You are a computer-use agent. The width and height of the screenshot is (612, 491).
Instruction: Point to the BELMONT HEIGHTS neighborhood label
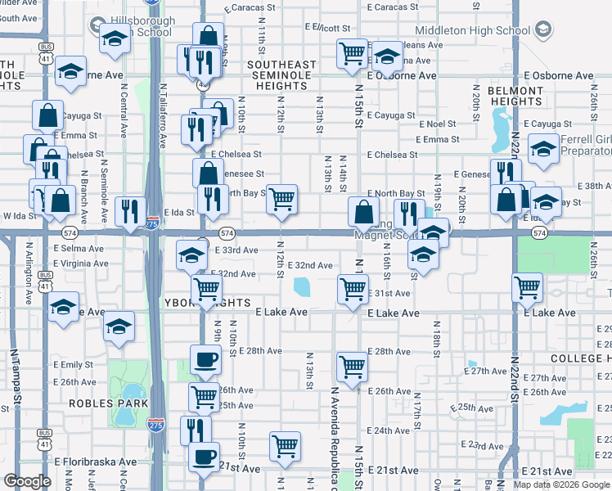coord(515,97)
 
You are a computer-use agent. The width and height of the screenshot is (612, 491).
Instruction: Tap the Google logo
coord(27,481)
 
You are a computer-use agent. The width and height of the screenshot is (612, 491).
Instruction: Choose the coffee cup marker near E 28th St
coord(205,358)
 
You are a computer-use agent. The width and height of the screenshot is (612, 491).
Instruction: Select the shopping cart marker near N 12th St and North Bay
coord(281,197)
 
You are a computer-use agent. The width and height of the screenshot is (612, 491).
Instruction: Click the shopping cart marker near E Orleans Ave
coord(352,53)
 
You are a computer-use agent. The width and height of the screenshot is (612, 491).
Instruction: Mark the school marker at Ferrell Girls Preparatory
coord(543,149)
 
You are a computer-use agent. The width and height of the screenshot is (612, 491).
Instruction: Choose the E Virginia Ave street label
coord(78,264)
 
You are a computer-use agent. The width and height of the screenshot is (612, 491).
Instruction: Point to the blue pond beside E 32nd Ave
coord(302,286)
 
